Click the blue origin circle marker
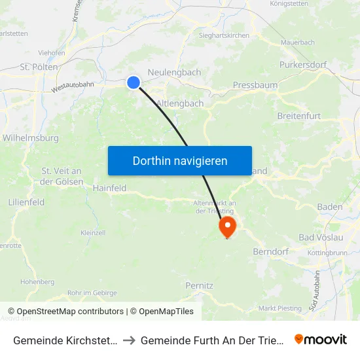(133, 82)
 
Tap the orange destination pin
(227, 228)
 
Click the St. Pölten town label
(39, 67)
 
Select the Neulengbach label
(174, 72)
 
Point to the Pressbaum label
(255, 85)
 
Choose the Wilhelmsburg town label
(31, 138)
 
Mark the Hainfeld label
(109, 188)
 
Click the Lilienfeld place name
(26, 202)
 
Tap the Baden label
(329, 207)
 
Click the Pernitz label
(200, 286)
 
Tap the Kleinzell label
(92, 232)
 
